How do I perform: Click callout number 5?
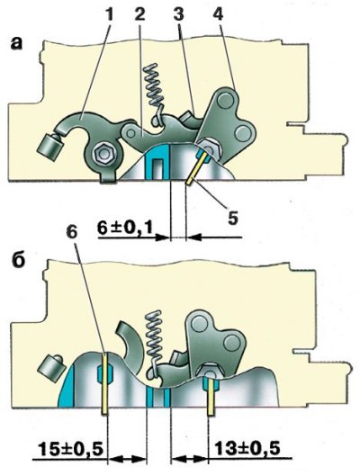[233, 217]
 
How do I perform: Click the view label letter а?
[16, 43]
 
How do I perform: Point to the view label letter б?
[18, 261]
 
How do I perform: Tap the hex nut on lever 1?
[103, 155]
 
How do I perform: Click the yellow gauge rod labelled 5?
[198, 167]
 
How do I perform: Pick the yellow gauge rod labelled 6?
[104, 383]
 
